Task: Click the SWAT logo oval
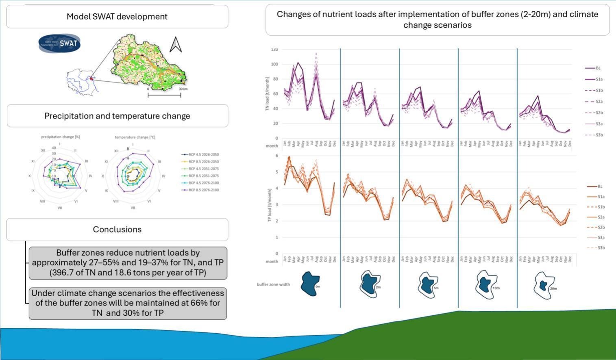59,43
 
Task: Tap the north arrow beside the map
175,45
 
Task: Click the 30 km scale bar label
183,89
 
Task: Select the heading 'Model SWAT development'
117,17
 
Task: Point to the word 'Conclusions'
117,229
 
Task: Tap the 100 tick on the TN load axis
274,64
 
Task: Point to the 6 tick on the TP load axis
276,156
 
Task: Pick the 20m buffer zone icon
544,285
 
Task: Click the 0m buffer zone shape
310,284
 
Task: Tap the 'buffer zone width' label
273,284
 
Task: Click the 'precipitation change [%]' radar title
60,137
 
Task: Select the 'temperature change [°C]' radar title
135,137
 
